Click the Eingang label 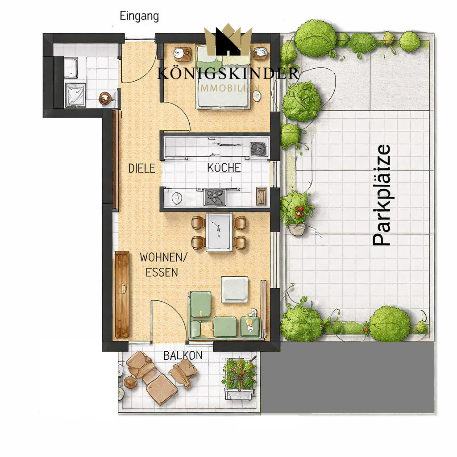139,17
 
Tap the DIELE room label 141,168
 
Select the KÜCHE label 224,168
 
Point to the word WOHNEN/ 163,258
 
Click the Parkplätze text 382,195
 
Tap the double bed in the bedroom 223,77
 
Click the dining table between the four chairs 219,232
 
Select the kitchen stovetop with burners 215,197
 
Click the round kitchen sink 177,198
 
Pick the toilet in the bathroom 105,98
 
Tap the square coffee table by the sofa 235,289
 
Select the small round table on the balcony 130,382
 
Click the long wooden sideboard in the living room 122,295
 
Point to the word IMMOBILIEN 228,88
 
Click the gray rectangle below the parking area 347,377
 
